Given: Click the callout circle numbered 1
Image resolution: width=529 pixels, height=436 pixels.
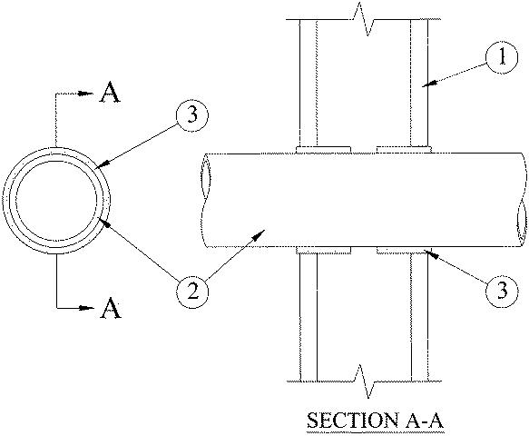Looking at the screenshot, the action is (502, 57).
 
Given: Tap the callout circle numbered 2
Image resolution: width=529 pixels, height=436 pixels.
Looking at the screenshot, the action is (192, 292).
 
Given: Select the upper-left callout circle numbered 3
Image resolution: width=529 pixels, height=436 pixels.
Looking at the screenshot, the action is (192, 115).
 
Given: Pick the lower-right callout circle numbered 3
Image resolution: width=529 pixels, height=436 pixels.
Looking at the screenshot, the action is (502, 291).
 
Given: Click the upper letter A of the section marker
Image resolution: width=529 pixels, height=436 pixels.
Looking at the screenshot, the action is (110, 93).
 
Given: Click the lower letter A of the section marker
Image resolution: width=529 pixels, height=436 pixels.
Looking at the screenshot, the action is (111, 308).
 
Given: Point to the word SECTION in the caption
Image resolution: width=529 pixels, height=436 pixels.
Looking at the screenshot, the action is (352, 421).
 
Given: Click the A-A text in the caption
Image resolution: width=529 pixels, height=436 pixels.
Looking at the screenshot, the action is (423, 421).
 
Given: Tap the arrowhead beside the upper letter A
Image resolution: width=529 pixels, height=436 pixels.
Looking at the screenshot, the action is (86, 94).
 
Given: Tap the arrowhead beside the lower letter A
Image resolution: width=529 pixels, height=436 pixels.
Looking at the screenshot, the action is (87, 308).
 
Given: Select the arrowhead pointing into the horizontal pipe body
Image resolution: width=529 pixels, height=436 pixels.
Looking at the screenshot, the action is (260, 234).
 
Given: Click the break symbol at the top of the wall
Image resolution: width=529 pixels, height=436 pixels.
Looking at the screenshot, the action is (363, 19).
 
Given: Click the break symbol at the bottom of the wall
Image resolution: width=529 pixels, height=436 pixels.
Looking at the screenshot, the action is (364, 381).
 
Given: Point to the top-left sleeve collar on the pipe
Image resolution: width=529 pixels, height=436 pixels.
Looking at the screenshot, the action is (323, 150).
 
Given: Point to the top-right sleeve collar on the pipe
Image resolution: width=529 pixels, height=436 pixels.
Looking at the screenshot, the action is (404, 149).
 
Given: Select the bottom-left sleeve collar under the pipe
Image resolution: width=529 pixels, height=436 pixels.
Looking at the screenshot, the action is (323, 250).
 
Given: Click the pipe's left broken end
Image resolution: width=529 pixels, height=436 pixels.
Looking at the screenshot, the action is (204, 200).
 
